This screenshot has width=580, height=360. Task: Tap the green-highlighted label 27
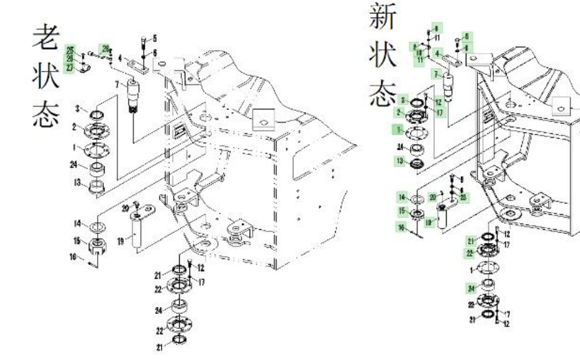point(70,67)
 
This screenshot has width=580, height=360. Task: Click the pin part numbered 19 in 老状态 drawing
point(136,233)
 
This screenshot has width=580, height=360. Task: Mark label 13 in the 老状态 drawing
point(79,182)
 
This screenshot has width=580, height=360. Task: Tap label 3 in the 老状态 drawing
point(79,109)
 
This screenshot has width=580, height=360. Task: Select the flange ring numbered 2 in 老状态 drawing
point(97,130)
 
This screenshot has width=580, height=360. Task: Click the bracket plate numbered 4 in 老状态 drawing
point(140,67)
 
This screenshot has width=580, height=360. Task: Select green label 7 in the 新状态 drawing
point(436,73)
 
